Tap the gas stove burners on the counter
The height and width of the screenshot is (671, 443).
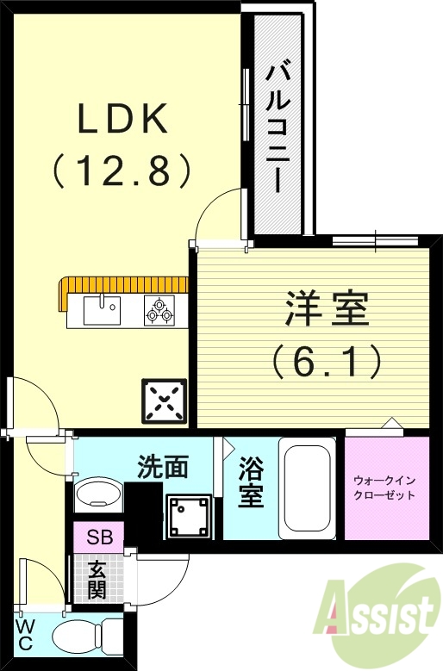[x=159, y=309]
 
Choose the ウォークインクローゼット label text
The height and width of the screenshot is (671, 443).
[x=385, y=488]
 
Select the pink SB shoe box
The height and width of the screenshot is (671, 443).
[x=97, y=537]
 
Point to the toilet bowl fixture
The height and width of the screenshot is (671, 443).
[x=87, y=637]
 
